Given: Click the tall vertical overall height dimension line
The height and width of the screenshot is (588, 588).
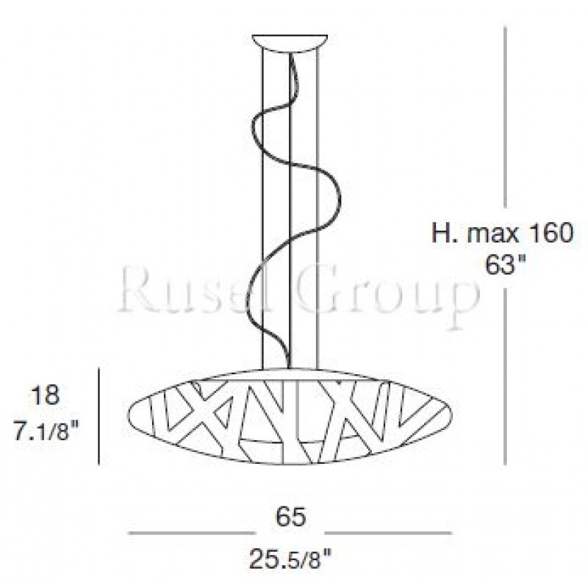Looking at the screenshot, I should click(505, 147).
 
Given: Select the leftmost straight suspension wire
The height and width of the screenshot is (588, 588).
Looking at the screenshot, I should click(262, 206).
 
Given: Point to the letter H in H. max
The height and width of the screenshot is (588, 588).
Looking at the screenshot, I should click(441, 234).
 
